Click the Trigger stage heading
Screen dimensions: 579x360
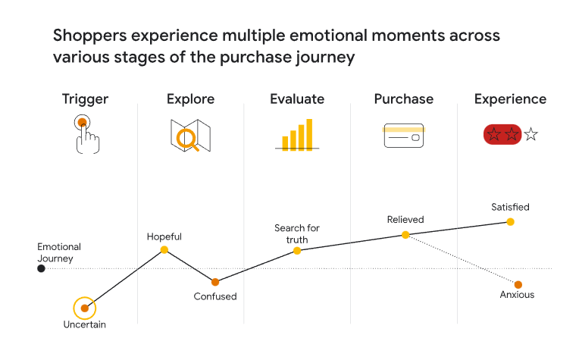click(x=85, y=100)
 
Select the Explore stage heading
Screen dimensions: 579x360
click(x=190, y=100)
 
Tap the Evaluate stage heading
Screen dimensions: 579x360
click(x=297, y=99)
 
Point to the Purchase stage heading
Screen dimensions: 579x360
click(x=404, y=99)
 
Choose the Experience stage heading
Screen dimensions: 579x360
click(x=510, y=100)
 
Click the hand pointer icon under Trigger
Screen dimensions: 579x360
click(x=87, y=134)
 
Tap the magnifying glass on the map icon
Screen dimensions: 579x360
click(x=187, y=140)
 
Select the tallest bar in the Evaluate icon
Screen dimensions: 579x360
click(x=309, y=135)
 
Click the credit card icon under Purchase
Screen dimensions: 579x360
click(x=404, y=136)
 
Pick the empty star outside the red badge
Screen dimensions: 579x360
click(x=531, y=134)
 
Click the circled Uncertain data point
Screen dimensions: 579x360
click(x=85, y=308)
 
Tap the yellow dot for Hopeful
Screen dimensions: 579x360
click(x=164, y=250)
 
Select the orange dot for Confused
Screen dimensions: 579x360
click(x=215, y=282)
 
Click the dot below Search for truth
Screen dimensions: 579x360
click(x=297, y=251)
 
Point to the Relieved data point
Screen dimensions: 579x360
click(x=405, y=235)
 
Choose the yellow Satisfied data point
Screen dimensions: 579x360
click(x=510, y=222)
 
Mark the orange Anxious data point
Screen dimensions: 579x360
click(x=518, y=285)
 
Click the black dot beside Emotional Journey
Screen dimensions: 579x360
click(x=42, y=268)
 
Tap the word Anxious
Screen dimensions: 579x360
click(x=517, y=295)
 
